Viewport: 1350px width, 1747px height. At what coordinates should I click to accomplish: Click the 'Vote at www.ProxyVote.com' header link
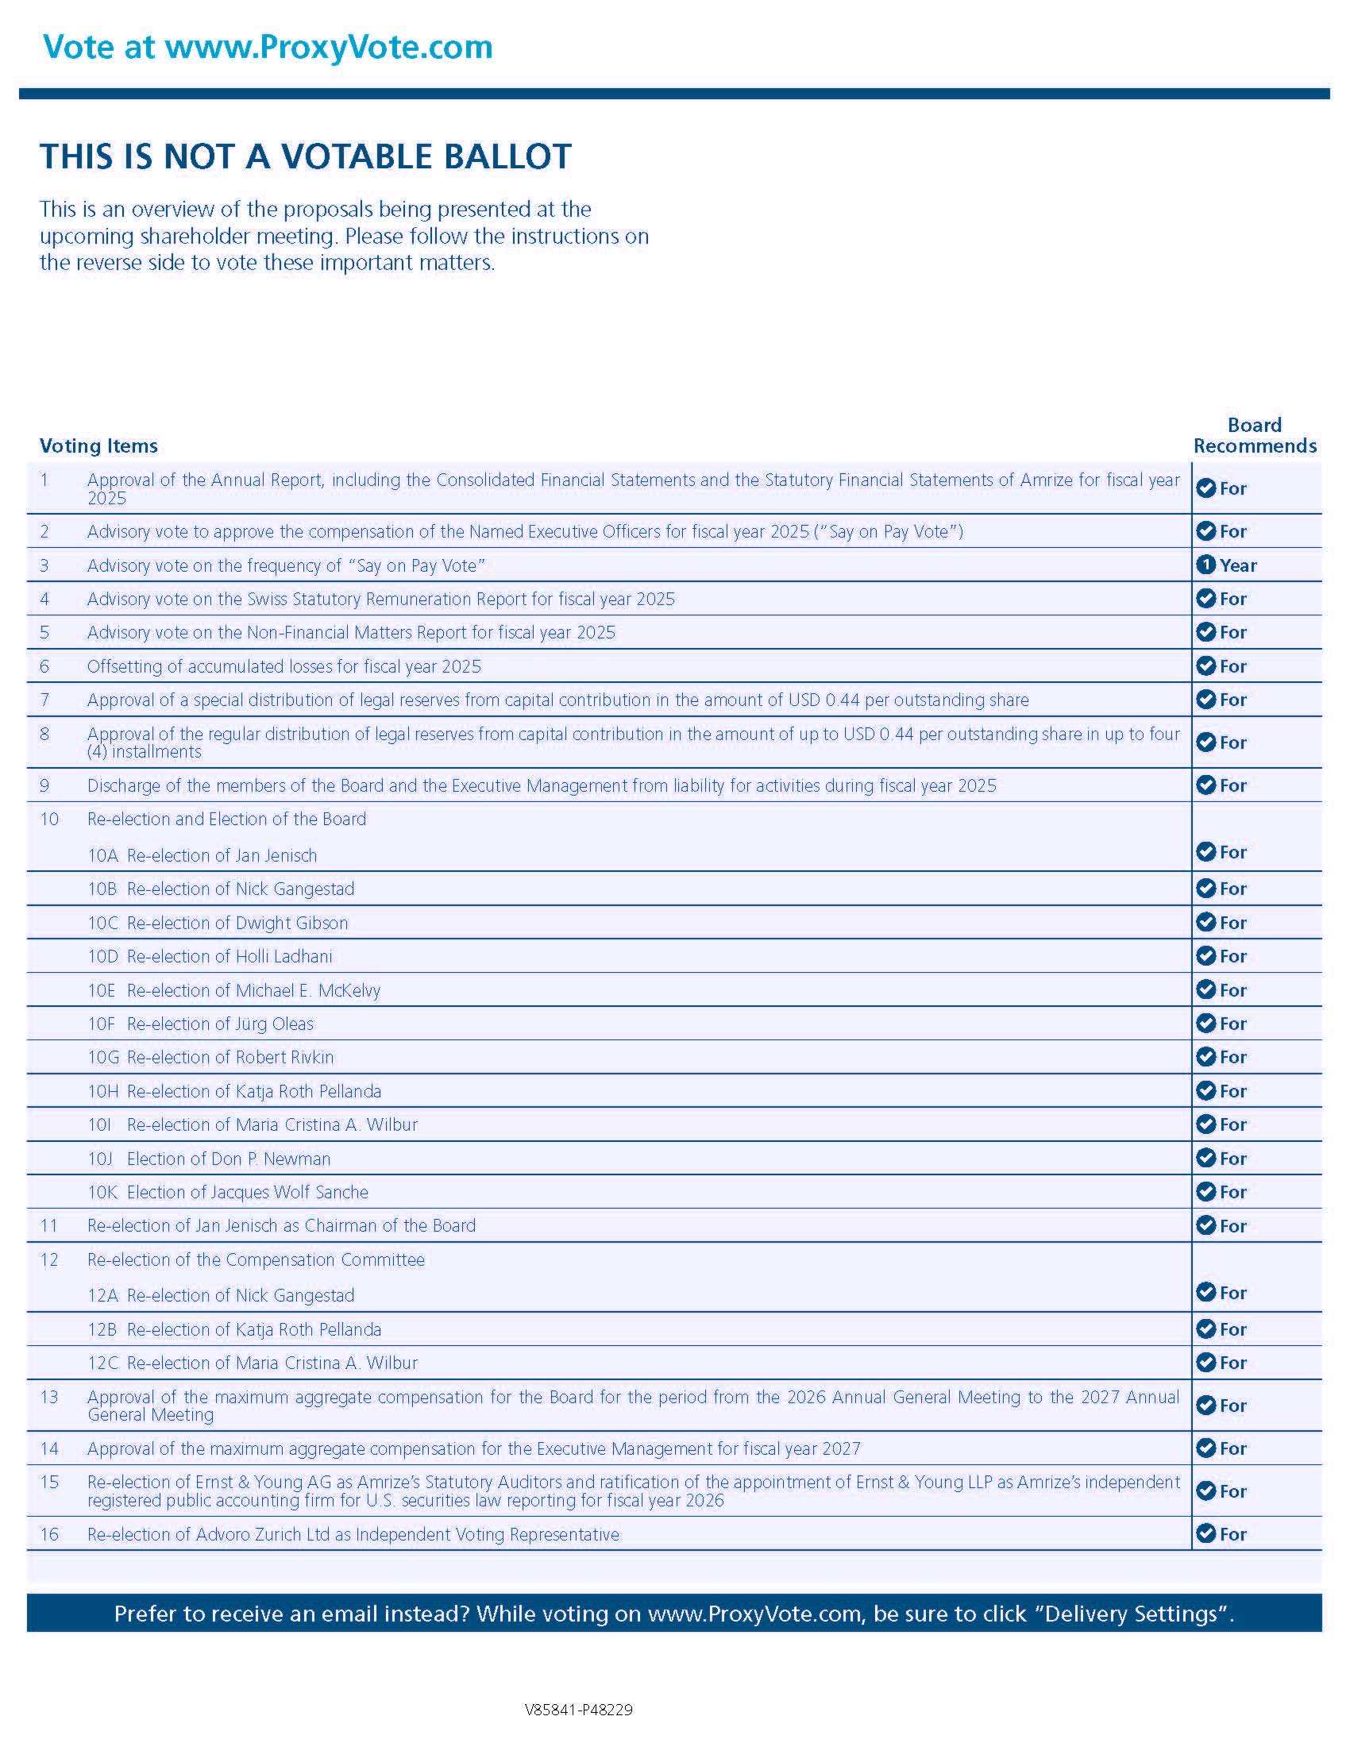[x=267, y=47]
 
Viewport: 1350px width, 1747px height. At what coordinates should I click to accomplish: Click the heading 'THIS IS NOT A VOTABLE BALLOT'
[x=306, y=156]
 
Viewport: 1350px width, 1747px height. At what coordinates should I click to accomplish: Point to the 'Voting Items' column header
[x=98, y=445]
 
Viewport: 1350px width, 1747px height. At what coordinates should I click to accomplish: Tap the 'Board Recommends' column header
[x=1254, y=436]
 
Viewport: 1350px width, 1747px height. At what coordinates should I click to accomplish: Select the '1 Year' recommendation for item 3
[x=1226, y=565]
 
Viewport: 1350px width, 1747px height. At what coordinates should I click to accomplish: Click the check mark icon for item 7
[x=1205, y=700]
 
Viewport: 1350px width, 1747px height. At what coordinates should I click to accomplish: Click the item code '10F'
[x=102, y=1024]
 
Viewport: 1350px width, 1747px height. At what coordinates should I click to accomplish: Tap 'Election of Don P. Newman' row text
[x=228, y=1159]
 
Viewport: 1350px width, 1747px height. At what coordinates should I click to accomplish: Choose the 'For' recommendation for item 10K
[x=1232, y=1192]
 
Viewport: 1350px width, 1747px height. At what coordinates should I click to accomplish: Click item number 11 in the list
[x=48, y=1225]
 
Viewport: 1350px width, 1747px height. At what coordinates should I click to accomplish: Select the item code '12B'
[x=102, y=1329]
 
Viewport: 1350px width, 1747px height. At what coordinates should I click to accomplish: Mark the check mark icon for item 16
[x=1205, y=1533]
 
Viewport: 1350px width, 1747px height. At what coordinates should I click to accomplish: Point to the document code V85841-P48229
[x=578, y=1710]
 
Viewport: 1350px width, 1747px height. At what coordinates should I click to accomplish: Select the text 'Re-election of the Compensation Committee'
[x=256, y=1260]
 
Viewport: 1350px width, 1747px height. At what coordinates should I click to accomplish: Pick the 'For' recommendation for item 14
[x=1232, y=1448]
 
